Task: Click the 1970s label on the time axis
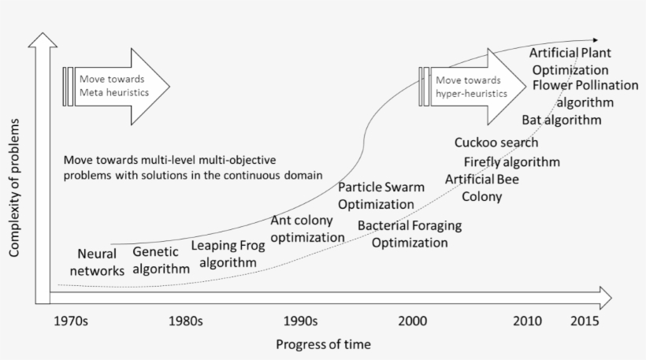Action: point(71,321)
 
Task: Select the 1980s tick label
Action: point(185,321)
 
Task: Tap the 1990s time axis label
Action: point(300,321)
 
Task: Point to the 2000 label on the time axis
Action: point(412,321)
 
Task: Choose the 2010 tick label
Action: point(527,321)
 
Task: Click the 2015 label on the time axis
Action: point(585,321)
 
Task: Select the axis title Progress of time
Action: point(324,344)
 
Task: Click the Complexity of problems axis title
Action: point(14,187)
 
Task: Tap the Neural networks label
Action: point(97,262)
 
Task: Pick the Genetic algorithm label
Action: point(161,260)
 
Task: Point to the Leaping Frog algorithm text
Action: point(228,254)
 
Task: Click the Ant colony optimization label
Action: point(307,228)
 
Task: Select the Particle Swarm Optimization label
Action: point(381,195)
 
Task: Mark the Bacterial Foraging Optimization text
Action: point(410,234)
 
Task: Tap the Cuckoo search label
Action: point(496,143)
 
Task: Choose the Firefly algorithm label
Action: point(512,161)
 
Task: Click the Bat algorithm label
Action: point(562,120)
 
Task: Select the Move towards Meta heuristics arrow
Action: point(117,87)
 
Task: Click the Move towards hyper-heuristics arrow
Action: point(473,87)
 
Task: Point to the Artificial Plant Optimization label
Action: point(570,61)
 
